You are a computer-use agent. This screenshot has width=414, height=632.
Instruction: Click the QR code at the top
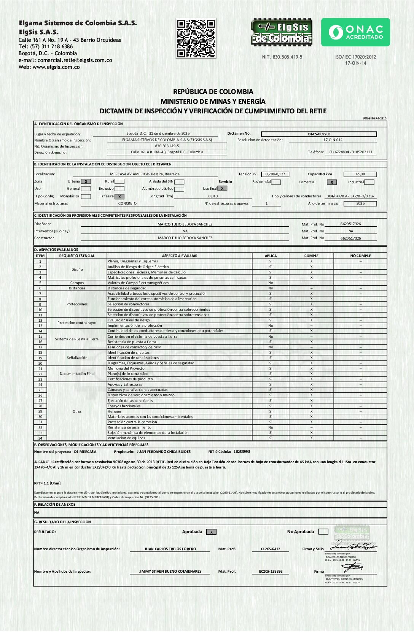[196, 38]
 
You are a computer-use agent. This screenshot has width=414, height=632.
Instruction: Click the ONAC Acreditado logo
[355, 32]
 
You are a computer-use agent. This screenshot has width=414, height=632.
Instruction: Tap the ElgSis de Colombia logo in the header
[282, 32]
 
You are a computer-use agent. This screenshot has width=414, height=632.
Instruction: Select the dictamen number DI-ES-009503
[319, 134]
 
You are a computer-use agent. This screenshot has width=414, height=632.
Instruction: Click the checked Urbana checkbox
[86, 181]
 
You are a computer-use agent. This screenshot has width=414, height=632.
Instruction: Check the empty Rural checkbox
[119, 181]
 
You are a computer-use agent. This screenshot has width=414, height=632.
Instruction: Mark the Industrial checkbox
[369, 182]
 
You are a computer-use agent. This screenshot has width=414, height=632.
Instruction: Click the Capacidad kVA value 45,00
[360, 174]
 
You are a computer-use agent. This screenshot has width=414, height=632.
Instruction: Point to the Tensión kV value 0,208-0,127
[275, 174]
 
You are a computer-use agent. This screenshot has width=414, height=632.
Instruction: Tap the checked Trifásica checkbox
[119, 197]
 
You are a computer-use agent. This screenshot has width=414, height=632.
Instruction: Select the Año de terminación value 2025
[360, 203]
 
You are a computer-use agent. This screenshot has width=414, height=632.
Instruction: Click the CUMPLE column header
[311, 256]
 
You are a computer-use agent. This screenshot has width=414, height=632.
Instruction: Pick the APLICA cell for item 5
[271, 283]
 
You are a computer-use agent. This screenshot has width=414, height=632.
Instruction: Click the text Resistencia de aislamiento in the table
[129, 427]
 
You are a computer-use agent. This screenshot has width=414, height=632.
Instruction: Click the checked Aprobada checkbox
[211, 532]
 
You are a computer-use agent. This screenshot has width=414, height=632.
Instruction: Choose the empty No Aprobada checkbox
[323, 532]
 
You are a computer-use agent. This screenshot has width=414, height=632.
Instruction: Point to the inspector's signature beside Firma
[353, 567]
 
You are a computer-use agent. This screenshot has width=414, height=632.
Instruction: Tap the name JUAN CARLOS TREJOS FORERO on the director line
[170, 549]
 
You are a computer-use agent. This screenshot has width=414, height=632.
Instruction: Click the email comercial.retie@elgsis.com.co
[75, 60]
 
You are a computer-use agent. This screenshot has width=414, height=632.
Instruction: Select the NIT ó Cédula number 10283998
[242, 452]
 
